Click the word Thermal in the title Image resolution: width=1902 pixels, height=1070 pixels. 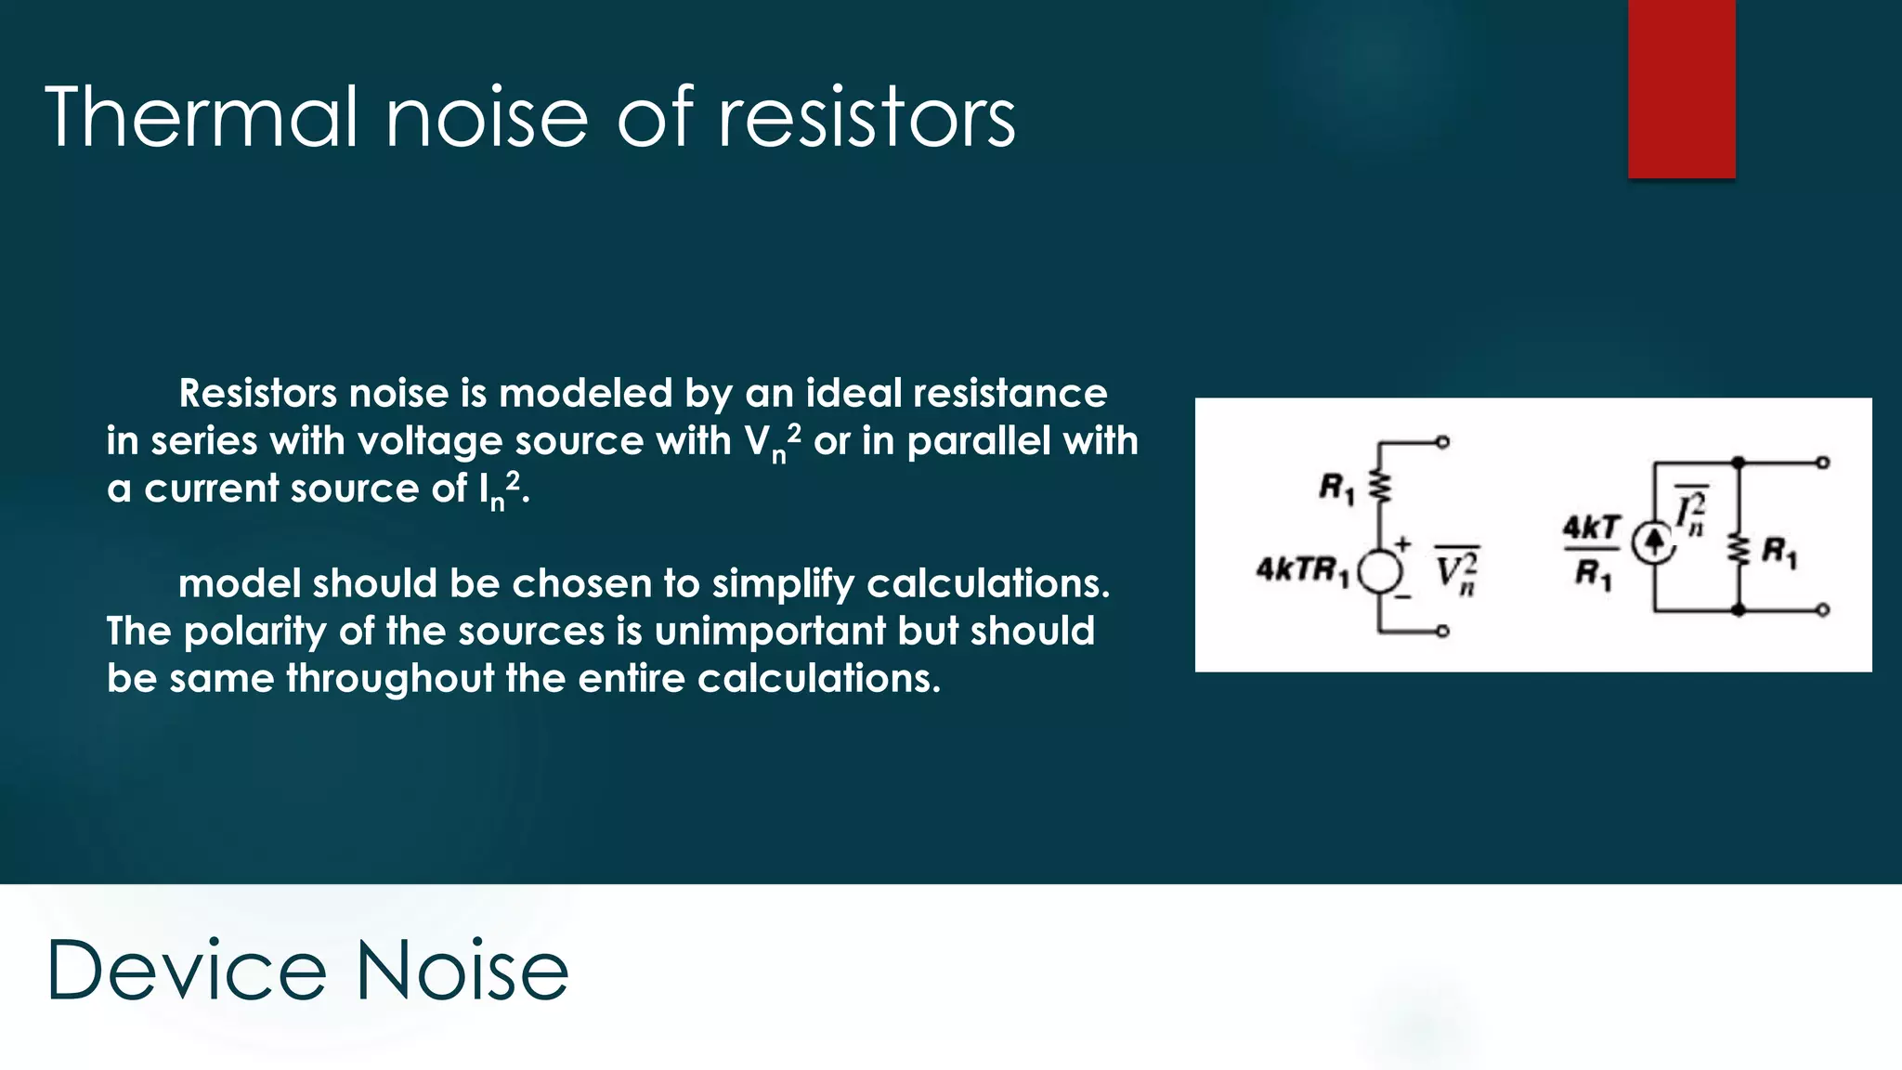click(x=201, y=118)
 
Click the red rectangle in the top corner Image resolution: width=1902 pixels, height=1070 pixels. click(x=1681, y=88)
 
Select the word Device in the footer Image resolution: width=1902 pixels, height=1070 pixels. click(x=186, y=971)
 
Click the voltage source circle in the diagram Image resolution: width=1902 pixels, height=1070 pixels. click(x=1379, y=571)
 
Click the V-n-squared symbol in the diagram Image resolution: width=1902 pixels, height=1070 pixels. click(x=1456, y=570)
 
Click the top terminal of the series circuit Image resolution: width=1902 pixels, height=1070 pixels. click(x=1442, y=443)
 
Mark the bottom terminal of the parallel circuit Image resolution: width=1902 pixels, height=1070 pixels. click(x=1823, y=610)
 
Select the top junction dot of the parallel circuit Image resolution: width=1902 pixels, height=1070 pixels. click(x=1738, y=463)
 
